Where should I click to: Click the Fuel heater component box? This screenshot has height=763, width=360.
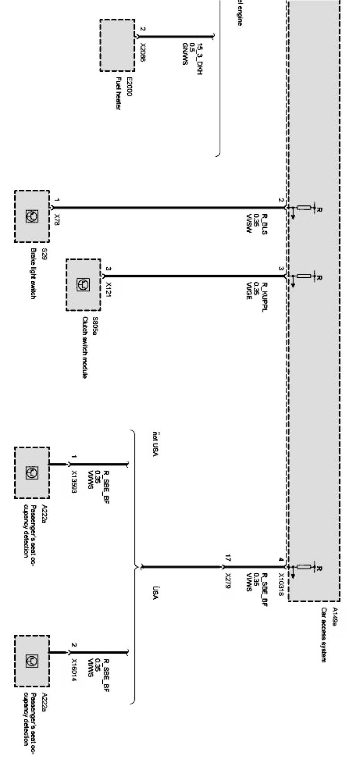[117, 45]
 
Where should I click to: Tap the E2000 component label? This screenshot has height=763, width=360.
[130, 85]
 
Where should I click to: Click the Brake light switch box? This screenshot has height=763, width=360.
[32, 216]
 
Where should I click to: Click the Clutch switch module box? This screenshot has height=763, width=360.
[83, 285]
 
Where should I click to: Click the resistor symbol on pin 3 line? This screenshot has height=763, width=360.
[304, 276]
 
